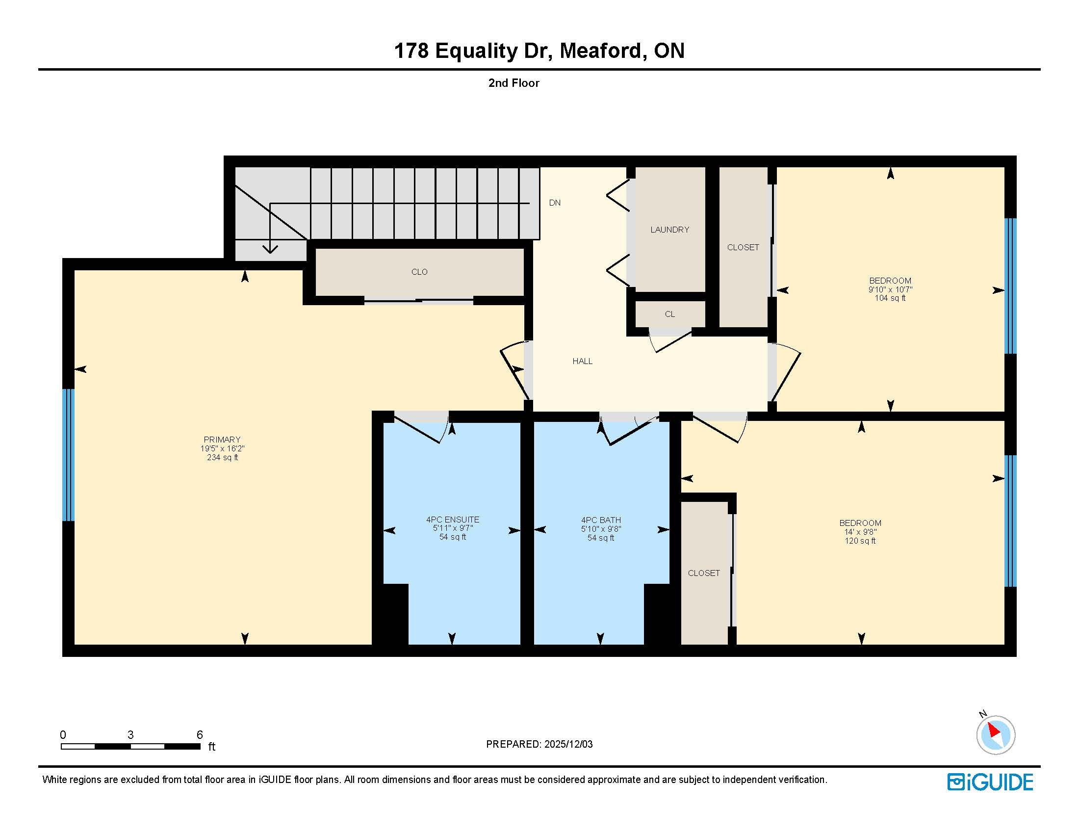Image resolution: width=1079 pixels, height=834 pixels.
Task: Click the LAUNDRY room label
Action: click(x=669, y=230)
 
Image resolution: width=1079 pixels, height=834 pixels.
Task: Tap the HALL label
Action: click(x=583, y=361)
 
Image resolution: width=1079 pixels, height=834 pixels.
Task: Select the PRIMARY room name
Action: click(x=222, y=440)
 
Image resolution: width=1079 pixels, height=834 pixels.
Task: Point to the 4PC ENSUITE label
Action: click(x=453, y=519)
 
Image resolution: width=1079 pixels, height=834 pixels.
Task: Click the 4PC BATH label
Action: click(x=601, y=520)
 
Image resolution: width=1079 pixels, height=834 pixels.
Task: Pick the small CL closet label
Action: click(x=669, y=314)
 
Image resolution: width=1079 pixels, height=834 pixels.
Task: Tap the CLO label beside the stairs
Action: click(x=419, y=272)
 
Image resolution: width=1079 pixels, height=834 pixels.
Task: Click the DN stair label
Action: click(x=555, y=203)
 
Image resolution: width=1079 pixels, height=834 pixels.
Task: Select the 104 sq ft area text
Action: click(x=890, y=298)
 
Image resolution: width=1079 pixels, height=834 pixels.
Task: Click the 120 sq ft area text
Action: click(x=860, y=541)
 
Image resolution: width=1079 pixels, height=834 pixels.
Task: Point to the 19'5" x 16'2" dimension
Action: click(x=222, y=448)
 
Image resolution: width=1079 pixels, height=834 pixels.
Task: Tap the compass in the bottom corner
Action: click(x=996, y=735)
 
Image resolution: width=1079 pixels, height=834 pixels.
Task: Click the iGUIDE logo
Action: click(x=990, y=782)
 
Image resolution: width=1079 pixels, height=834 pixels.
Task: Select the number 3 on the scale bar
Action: click(x=130, y=735)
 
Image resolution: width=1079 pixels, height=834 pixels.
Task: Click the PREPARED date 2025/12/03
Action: click(x=568, y=744)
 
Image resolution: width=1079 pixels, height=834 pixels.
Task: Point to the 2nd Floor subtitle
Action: click(x=514, y=83)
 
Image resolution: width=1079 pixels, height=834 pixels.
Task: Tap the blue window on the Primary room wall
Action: click(x=68, y=455)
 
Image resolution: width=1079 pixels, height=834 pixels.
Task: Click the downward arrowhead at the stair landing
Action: click(x=270, y=249)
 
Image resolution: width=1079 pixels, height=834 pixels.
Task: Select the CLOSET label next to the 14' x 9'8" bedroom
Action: click(x=704, y=573)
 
